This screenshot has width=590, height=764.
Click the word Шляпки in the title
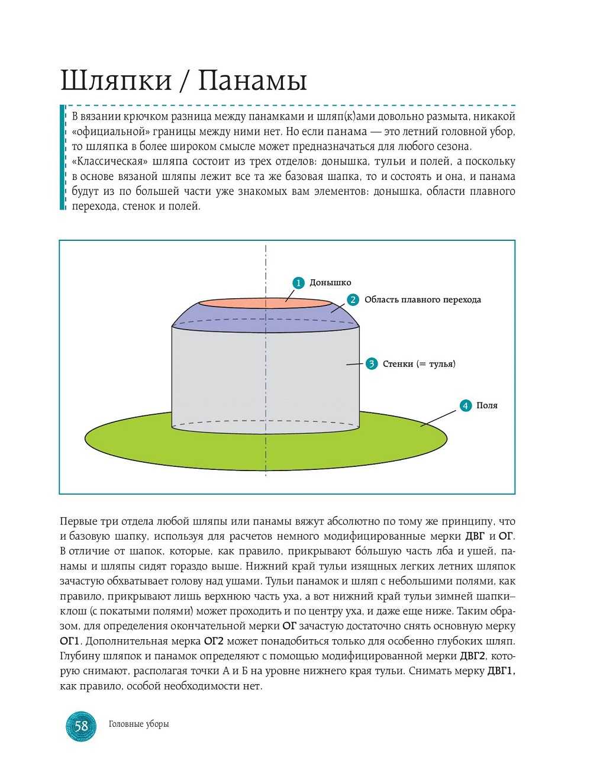[116, 80]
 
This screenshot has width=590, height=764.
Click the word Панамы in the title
[252, 80]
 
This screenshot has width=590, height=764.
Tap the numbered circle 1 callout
[298, 283]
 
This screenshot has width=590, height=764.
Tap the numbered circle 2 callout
[353, 300]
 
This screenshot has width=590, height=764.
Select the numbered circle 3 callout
[371, 364]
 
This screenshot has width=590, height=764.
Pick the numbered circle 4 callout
[465, 405]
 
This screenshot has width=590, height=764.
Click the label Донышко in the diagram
[330, 283]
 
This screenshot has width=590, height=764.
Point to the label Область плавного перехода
[423, 300]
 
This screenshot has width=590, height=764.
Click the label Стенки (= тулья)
[419, 364]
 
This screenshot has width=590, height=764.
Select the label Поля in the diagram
[487, 405]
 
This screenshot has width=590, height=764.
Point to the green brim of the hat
[130, 441]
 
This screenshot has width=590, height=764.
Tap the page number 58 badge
[81, 726]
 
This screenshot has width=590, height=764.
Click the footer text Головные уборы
[138, 724]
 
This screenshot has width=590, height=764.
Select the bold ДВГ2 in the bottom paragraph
[473, 656]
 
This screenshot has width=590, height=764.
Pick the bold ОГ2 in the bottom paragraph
[214, 641]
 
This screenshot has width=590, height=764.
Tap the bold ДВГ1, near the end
[501, 671]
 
